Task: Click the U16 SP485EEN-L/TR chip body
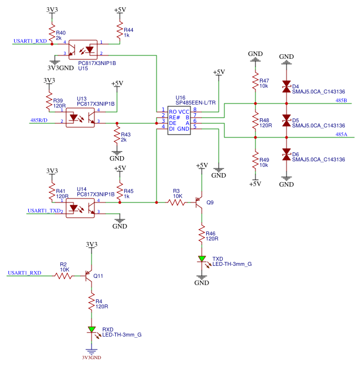(x=179, y=119)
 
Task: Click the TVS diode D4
(x=287, y=87)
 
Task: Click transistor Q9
(x=199, y=202)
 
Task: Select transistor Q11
(x=89, y=275)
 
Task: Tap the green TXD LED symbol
(x=202, y=260)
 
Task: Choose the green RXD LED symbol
(x=91, y=330)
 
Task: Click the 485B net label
(x=341, y=101)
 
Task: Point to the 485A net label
(x=341, y=135)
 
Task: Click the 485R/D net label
(x=39, y=120)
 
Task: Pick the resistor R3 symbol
(x=176, y=202)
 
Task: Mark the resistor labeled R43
(x=117, y=136)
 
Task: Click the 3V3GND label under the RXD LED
(x=91, y=358)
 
